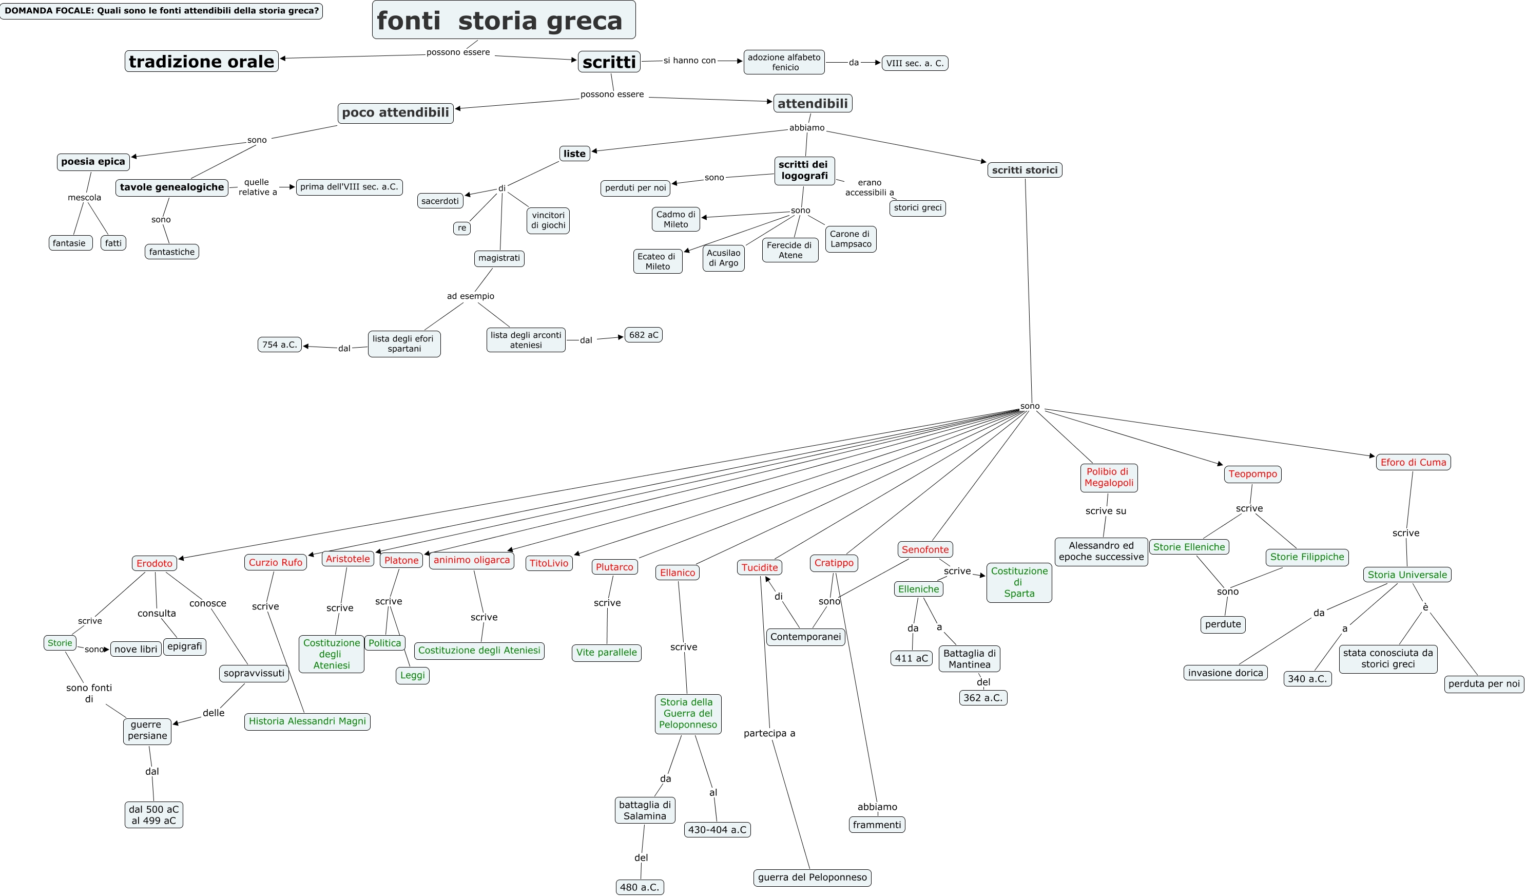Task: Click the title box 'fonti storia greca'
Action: coord(503,20)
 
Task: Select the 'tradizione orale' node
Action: coord(202,61)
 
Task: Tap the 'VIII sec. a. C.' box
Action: coord(914,63)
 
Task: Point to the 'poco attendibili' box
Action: coord(395,112)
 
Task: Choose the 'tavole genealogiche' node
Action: coord(172,187)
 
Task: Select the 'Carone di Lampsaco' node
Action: coord(850,239)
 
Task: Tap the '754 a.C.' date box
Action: coord(279,345)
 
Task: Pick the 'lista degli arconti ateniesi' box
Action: coord(526,340)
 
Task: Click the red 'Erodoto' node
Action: coord(154,563)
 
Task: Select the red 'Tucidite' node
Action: coord(759,568)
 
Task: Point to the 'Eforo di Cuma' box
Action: coord(1413,462)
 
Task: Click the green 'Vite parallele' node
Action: coord(606,653)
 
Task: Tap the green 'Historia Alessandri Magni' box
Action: coord(307,721)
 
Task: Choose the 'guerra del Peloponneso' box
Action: coord(812,877)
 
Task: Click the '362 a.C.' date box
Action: coord(982,698)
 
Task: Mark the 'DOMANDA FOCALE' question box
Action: coord(161,11)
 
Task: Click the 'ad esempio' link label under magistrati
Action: coord(471,296)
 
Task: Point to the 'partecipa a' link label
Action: coord(769,733)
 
